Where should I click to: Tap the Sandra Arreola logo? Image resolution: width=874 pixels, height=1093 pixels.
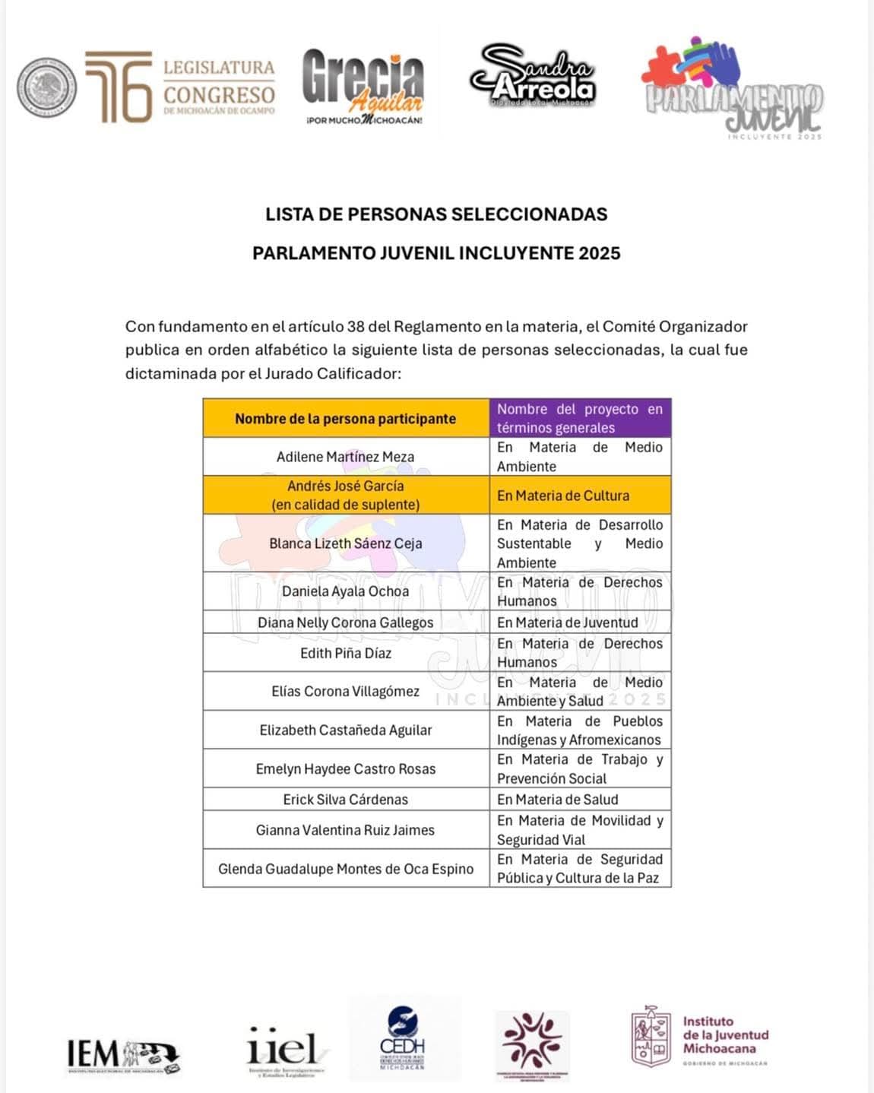tap(533, 77)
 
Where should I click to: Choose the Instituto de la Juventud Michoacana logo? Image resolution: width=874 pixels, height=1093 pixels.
tap(700, 1035)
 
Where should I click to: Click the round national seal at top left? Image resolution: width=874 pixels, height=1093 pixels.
tap(47, 87)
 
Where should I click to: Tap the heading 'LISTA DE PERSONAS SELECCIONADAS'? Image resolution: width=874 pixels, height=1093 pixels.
tap(436, 214)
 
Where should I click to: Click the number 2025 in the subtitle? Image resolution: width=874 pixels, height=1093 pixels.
tap(599, 253)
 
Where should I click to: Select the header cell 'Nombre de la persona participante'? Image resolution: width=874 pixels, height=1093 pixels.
tap(345, 419)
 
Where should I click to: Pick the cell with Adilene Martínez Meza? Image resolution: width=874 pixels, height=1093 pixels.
tap(345, 457)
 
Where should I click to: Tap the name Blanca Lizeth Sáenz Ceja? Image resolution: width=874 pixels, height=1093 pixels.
tap(345, 543)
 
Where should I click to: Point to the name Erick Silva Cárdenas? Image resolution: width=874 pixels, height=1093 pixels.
tap(345, 800)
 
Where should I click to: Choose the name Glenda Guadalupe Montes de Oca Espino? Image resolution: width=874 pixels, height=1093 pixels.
tap(345, 869)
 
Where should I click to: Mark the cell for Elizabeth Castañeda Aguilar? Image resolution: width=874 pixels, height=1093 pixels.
tap(345, 730)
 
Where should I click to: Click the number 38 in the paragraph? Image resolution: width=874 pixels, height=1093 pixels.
tap(355, 327)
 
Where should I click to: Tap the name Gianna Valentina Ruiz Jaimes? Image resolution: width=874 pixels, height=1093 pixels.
tap(345, 830)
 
